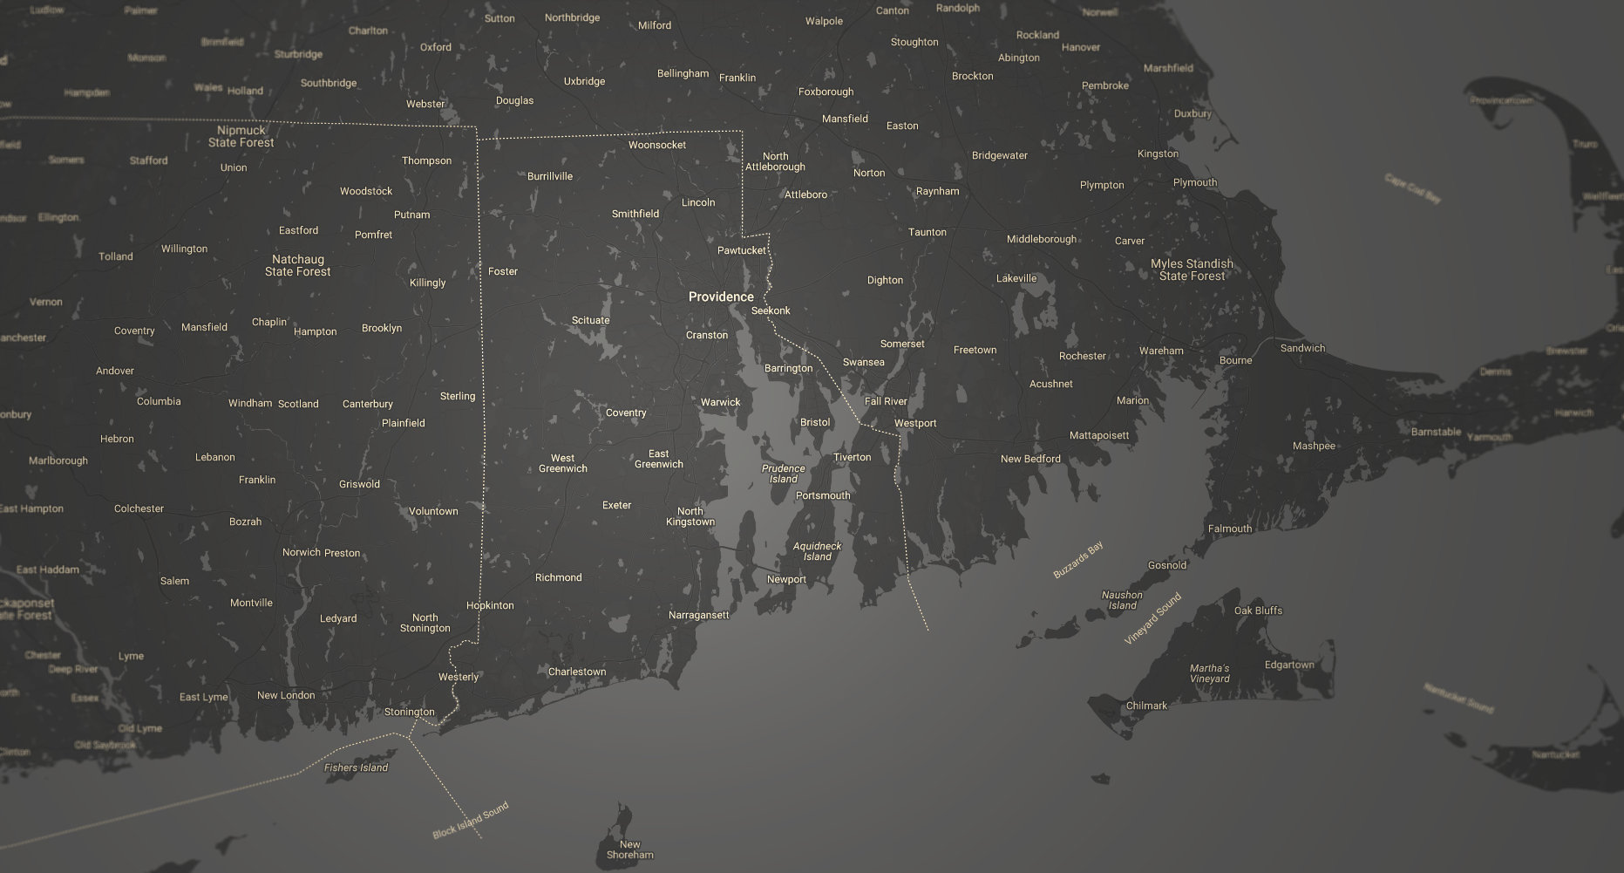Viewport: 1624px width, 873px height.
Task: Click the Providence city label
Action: (x=721, y=297)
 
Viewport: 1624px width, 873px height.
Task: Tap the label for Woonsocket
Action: (x=656, y=146)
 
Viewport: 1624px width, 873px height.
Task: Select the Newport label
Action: (x=786, y=580)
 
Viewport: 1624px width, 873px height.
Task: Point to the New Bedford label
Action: (x=1030, y=460)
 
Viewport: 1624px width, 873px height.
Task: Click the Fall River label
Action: (x=886, y=402)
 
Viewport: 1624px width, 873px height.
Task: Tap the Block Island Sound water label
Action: (x=470, y=821)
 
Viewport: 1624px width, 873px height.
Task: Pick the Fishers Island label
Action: (x=356, y=768)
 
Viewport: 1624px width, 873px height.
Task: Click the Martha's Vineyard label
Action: (x=1209, y=674)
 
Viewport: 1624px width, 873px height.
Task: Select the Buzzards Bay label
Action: (x=1078, y=560)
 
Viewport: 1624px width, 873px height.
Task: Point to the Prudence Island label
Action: (x=783, y=474)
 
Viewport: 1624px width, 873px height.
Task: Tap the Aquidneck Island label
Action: (x=817, y=552)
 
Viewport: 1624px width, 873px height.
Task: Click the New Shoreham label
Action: (x=629, y=850)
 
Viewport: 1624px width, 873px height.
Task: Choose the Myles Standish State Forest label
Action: (x=1192, y=270)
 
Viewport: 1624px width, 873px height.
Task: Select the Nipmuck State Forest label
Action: (x=241, y=137)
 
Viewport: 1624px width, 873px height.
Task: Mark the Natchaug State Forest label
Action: (x=297, y=266)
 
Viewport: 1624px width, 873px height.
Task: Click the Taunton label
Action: (x=927, y=233)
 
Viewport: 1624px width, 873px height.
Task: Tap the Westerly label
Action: (x=459, y=678)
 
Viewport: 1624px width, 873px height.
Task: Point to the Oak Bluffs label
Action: (x=1258, y=611)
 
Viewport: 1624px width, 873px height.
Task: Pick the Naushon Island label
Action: (x=1122, y=601)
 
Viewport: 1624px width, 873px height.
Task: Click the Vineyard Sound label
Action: (x=1152, y=618)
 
